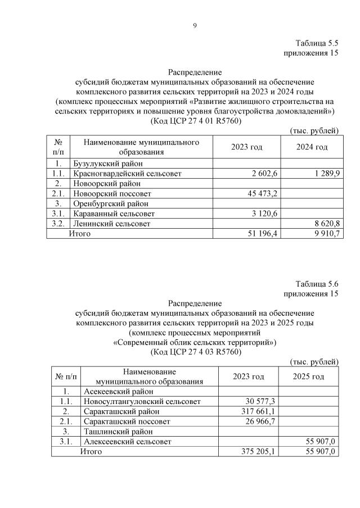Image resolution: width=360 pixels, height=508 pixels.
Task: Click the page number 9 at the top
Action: pos(195,25)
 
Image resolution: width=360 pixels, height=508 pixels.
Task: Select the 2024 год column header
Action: pos(312,147)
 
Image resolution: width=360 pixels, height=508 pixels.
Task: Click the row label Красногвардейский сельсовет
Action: pos(127,174)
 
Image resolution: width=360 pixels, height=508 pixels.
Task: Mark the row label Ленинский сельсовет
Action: pos(111,224)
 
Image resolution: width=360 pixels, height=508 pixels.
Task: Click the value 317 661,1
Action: pos(257,411)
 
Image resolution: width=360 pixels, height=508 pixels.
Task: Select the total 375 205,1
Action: pos(257,451)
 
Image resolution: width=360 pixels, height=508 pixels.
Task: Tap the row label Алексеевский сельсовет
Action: pos(127,442)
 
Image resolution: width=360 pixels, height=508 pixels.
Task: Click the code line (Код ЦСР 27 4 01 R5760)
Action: pos(195,121)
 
